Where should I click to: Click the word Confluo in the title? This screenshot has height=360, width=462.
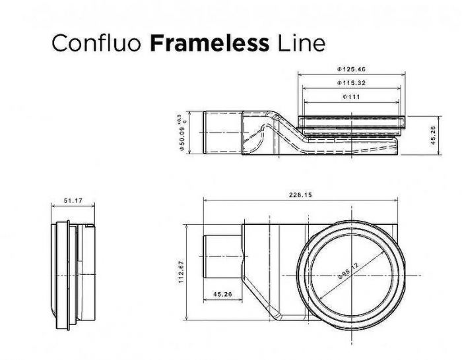96,44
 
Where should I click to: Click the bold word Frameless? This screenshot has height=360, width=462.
209,44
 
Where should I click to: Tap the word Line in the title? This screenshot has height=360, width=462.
301,44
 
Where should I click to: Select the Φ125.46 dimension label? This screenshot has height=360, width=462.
351,69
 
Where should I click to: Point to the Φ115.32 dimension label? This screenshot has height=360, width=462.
351,83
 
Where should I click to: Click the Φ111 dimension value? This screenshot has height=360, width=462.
351,97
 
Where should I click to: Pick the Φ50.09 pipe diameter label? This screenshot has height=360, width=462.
182,139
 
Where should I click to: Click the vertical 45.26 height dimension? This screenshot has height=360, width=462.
433,135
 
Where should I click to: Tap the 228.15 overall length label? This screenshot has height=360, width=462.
300,195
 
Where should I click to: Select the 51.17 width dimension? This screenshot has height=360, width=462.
73,200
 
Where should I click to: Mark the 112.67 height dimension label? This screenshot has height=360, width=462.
181,272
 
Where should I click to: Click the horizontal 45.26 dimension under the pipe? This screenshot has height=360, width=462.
222,294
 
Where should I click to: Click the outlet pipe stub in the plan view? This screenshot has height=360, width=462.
223,256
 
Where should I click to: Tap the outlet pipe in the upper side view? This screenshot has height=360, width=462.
223,132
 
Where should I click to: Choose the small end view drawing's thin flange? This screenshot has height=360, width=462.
69,275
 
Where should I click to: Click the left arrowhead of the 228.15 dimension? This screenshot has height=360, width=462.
205,200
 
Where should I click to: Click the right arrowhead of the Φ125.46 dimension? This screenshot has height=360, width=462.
403,75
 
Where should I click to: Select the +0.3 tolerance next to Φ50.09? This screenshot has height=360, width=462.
179,118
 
